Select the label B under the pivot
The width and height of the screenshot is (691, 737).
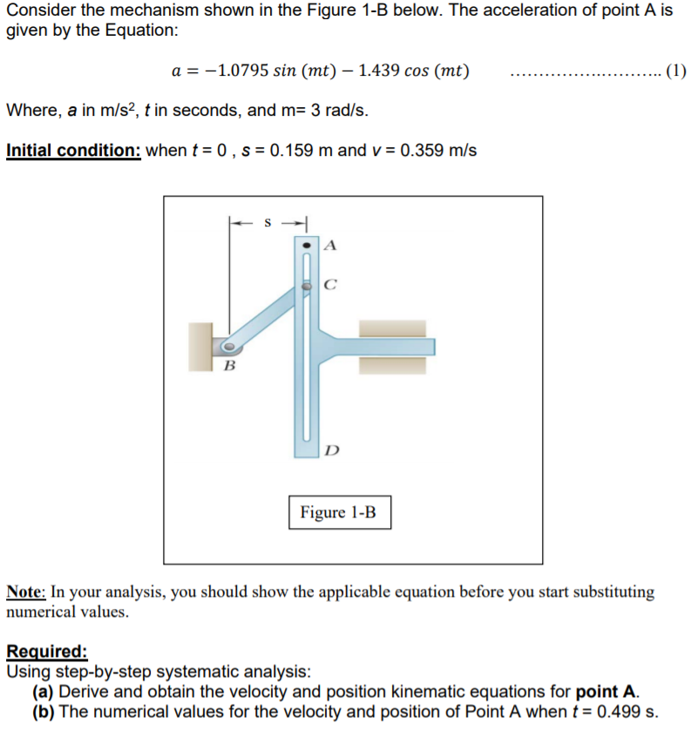coord(229,364)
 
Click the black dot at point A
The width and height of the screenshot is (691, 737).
coord(306,247)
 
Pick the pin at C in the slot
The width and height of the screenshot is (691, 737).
coord(307,286)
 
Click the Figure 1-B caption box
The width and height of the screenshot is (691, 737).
coord(339,511)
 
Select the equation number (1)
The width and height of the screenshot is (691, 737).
coord(675,71)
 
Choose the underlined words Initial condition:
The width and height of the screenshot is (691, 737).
coord(73,150)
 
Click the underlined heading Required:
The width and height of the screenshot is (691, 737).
coord(46,651)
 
